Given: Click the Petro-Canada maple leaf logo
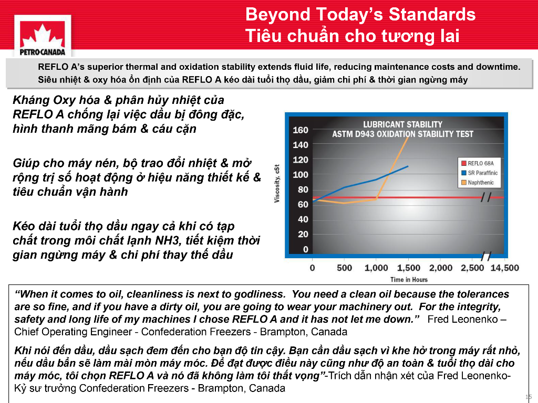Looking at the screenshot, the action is (43, 36).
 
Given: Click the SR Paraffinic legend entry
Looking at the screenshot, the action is (479, 173).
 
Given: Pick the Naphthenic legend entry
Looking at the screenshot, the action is (478, 183).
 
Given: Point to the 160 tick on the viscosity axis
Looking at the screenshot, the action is (300, 130).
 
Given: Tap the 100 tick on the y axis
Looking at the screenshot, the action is (300, 175).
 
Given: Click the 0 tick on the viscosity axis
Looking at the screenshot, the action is (305, 249).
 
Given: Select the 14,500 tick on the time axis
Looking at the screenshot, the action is (505, 268).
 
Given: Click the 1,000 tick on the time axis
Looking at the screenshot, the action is (376, 268).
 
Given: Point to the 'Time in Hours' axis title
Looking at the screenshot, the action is (409, 280).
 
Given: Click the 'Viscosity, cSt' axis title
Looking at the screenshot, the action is (277, 183).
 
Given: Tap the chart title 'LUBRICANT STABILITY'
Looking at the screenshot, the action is (403, 124).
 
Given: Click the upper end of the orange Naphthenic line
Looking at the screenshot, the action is (408, 136).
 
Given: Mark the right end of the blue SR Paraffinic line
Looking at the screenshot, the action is (408, 166).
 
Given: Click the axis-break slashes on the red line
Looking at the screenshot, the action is (486, 197).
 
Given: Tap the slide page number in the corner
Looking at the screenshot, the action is (529, 397).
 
